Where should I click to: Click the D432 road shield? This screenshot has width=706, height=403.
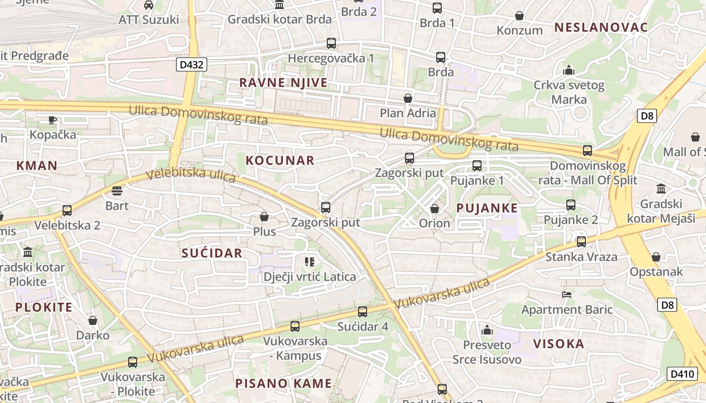pos(192,64)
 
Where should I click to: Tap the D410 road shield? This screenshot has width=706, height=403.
pos(682,374)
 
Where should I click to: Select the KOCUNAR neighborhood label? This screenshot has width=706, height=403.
pos(280,161)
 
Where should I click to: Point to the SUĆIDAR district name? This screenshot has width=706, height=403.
pos(212,253)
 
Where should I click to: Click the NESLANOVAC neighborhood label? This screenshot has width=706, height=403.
pos(601,28)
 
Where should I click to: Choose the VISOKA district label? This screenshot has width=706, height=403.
pos(558,344)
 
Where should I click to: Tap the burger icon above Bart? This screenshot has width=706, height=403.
pos(117,191)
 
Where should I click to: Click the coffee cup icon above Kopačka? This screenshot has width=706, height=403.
pos(52,120)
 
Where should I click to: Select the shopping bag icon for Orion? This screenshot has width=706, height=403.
pos(434,209)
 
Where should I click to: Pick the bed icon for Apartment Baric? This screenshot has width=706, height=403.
pos(567,294)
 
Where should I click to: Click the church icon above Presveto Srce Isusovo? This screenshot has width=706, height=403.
pos(487,330)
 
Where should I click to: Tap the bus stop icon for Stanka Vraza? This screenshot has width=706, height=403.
pos(581,242)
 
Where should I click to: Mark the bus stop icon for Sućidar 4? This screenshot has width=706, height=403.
pos(362,312)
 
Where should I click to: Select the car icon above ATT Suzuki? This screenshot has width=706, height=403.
pos(148,5)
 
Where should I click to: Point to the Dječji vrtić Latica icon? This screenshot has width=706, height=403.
pos(309,261)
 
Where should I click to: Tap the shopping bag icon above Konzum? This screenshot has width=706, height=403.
pos(519,16)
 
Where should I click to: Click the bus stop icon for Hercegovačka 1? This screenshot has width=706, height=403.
pos(331,43)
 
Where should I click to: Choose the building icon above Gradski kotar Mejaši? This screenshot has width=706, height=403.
pos(661,189)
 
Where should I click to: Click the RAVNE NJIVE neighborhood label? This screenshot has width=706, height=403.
pos(283,83)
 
